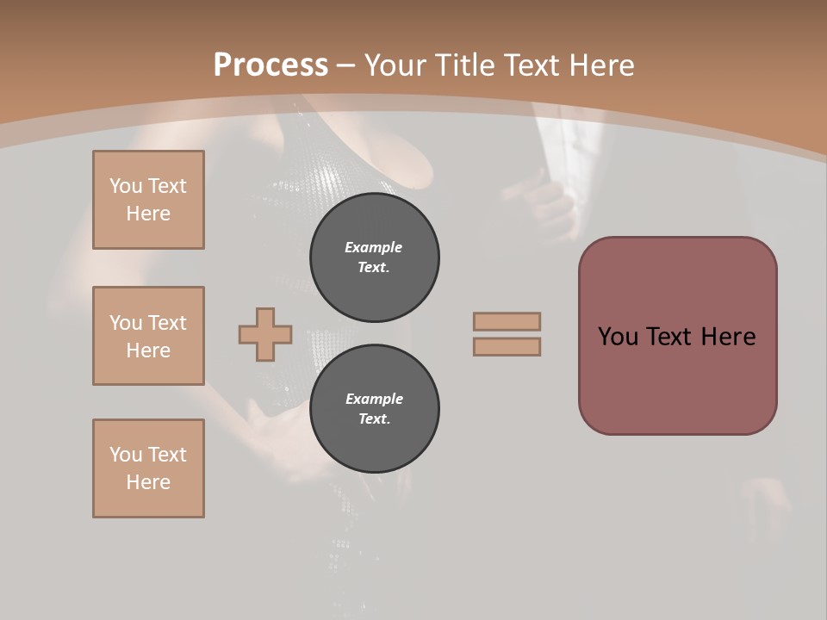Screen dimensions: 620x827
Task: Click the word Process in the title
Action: point(270,65)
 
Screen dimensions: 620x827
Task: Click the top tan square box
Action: point(148,200)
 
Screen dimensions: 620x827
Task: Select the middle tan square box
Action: point(148,336)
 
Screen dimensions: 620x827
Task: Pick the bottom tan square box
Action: point(148,468)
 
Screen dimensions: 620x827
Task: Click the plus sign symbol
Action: point(265,334)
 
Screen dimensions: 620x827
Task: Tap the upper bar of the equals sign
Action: point(507,321)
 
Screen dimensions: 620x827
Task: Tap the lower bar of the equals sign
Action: point(507,346)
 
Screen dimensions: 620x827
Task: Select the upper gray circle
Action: point(374,257)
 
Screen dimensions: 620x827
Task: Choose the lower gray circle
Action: point(374,408)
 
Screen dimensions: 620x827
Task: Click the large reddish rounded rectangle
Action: point(677,336)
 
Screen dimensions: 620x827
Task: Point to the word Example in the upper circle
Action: point(373,247)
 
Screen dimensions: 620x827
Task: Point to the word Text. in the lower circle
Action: point(374,418)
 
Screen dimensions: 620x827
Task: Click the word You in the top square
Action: point(126,186)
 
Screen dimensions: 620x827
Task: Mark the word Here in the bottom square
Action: point(148,482)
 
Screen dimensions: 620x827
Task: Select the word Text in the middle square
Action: point(166,323)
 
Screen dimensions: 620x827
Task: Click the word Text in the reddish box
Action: point(670,337)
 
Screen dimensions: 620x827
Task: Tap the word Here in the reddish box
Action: point(728,337)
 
